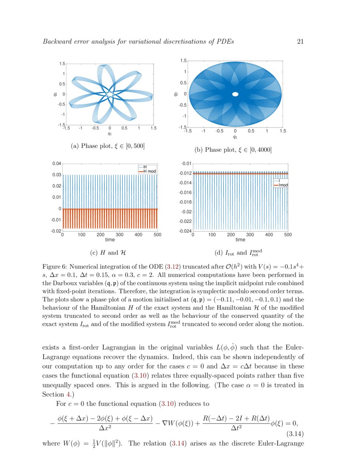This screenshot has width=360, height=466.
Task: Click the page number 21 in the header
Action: pyautogui.click(x=301, y=42)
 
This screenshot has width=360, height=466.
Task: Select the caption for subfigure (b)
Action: pyautogui.click(x=233, y=150)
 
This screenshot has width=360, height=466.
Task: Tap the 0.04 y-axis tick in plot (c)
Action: pyautogui.click(x=56, y=164)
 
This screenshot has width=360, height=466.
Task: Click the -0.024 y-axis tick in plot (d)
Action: pyautogui.click(x=185, y=231)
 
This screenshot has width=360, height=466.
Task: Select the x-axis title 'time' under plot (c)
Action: pyautogui.click(x=110, y=240)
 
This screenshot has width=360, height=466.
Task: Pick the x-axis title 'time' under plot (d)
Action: pyautogui.click(x=240, y=240)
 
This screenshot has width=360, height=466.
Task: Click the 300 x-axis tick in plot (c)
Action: pyautogui.click(x=119, y=235)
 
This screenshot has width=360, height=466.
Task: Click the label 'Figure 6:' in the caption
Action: pyautogui.click(x=55, y=267)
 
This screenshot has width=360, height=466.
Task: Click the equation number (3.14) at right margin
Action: pyautogui.click(x=294, y=434)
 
